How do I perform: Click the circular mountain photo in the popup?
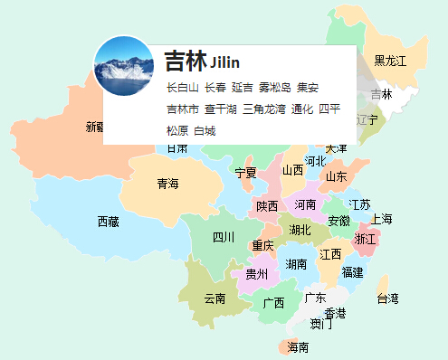click(124, 66)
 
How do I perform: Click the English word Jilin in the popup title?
click(224, 62)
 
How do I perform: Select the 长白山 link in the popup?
click(182, 88)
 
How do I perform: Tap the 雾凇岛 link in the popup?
click(274, 88)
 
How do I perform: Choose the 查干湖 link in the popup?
click(220, 109)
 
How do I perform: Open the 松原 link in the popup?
click(177, 130)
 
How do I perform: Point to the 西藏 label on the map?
click(108, 221)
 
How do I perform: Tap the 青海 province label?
click(167, 184)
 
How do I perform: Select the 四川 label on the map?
click(224, 237)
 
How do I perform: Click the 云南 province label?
click(214, 298)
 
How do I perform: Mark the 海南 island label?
click(299, 346)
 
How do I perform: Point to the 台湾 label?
click(387, 298)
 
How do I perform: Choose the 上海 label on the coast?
click(381, 219)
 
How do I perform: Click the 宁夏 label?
click(245, 172)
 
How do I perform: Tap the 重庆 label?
click(262, 246)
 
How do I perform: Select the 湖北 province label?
click(300, 230)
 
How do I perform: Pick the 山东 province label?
click(336, 176)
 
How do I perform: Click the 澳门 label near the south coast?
click(320, 324)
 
